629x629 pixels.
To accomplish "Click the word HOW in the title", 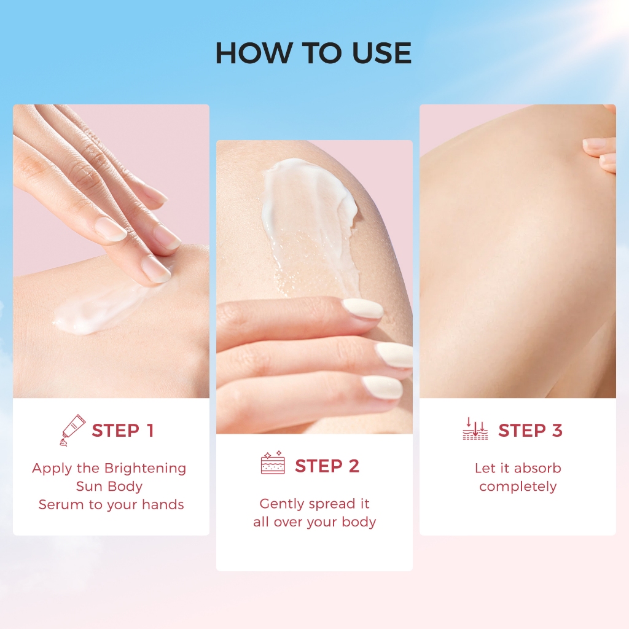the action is click(x=254, y=53).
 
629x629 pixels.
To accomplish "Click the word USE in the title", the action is click(x=381, y=53).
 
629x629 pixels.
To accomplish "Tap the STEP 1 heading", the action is click(x=123, y=431).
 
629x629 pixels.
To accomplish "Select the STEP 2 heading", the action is click(x=327, y=466).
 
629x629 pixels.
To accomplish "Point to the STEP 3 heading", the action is click(x=530, y=431).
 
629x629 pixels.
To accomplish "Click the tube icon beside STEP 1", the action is click(x=72, y=430).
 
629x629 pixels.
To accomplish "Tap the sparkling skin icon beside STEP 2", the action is click(x=273, y=463).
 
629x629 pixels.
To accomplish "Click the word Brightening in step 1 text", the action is click(x=145, y=469).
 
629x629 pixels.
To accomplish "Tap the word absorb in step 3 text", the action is click(x=537, y=468).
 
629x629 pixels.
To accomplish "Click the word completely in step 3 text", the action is click(x=518, y=487).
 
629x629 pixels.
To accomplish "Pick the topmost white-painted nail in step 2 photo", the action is click(x=362, y=309).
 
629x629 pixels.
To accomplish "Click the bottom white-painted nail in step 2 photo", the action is click(x=382, y=388).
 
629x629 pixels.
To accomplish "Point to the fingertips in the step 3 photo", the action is click(x=600, y=154).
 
